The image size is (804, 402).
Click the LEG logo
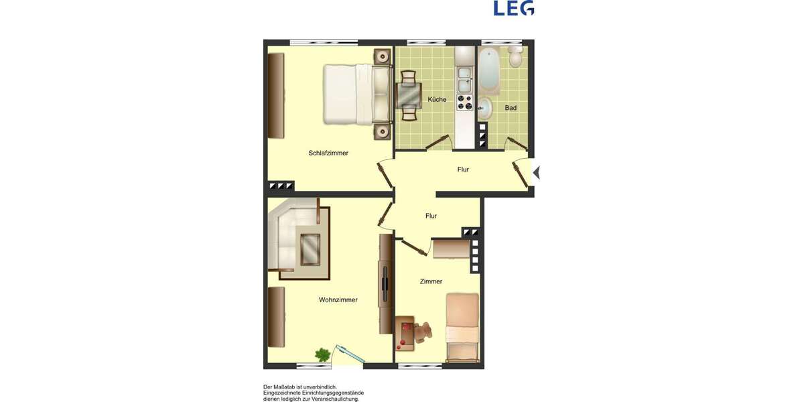pos(514,8)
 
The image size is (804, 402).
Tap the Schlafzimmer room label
pos(328,153)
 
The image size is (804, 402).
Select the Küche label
pos(437,100)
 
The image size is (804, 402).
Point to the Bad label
pos(511,108)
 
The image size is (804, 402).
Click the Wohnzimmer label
pos(338,300)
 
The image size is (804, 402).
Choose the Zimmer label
pos(431,281)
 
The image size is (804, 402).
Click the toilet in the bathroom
pos(515,58)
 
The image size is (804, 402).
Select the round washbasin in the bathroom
pos(485,106)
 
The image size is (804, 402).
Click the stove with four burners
pos(464,102)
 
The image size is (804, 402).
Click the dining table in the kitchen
pos(409,95)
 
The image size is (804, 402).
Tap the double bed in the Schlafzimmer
pos(356,94)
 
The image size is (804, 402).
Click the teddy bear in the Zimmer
pos(423,332)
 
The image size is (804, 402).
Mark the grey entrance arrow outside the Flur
pos(536,173)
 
